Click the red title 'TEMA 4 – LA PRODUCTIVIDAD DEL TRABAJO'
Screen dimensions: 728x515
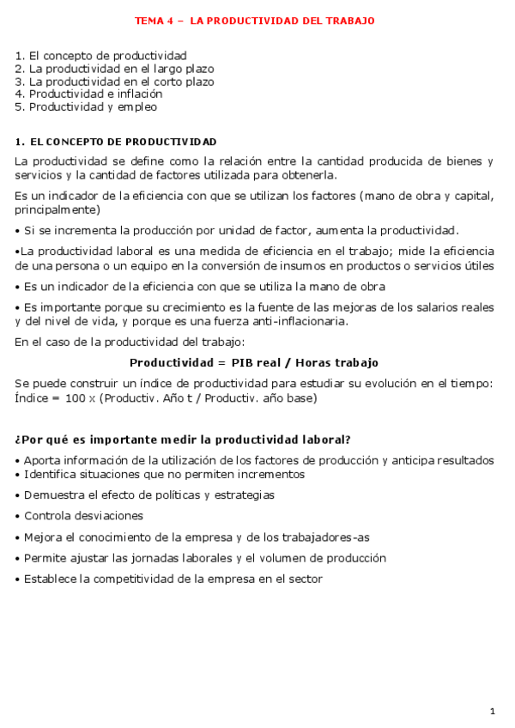click(255, 21)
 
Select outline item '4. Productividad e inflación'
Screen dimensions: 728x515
click(88, 94)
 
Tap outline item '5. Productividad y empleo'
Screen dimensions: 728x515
click(86, 107)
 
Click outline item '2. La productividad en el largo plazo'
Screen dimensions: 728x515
click(114, 69)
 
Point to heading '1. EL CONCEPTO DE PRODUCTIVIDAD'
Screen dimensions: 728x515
click(116, 142)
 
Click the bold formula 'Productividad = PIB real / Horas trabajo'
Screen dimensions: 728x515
click(254, 362)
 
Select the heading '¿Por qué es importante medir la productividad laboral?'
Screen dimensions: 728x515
click(184, 440)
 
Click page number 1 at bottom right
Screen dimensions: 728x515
click(493, 711)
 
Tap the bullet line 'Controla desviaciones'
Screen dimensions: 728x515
click(83, 516)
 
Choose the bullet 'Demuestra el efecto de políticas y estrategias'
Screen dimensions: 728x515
click(149, 495)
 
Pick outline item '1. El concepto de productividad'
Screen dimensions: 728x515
click(100, 56)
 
